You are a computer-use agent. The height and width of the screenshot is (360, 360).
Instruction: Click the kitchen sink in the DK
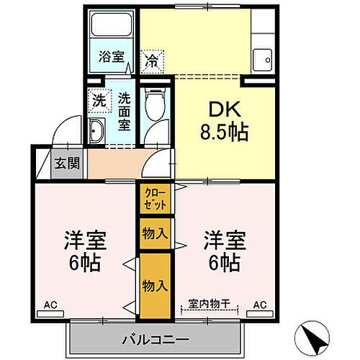pyautogui.click(x=264, y=57)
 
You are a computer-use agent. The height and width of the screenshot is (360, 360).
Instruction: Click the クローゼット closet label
pyautogui.click(x=155, y=197)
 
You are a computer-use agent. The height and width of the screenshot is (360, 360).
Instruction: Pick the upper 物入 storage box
pyautogui.click(x=155, y=233)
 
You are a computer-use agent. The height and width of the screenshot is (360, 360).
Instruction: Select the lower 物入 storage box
pyautogui.click(x=155, y=286)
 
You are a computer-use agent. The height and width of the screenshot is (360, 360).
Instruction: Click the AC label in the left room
pyautogui.click(x=50, y=305)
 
